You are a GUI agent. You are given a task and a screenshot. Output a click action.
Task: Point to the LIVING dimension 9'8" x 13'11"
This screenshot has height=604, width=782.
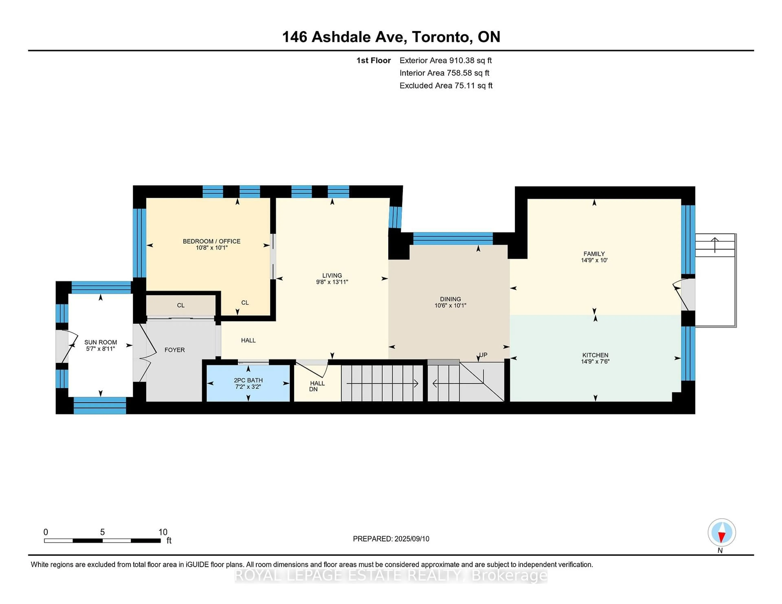pyautogui.click(x=332, y=282)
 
